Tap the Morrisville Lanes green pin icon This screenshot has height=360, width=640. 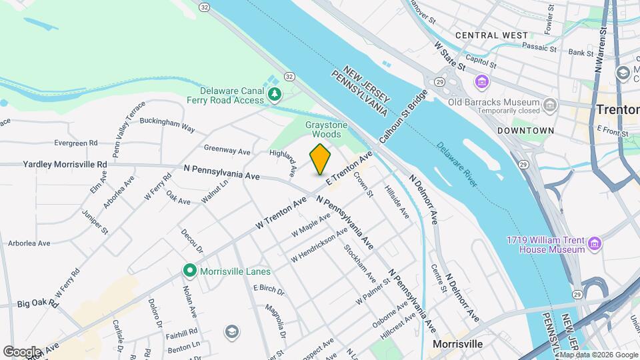click(x=190, y=271)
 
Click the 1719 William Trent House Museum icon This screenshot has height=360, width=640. click(x=595, y=244)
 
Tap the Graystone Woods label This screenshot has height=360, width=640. click(x=323, y=129)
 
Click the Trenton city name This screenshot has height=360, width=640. click(x=617, y=109)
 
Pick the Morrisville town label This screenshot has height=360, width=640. click(x=457, y=344)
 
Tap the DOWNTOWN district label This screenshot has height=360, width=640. click(x=525, y=131)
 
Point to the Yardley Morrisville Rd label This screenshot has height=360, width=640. click(x=65, y=164)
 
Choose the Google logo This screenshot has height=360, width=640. click(x=21, y=351)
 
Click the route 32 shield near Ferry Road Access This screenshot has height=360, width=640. click(x=289, y=77)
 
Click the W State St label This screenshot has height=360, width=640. click(x=449, y=55)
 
